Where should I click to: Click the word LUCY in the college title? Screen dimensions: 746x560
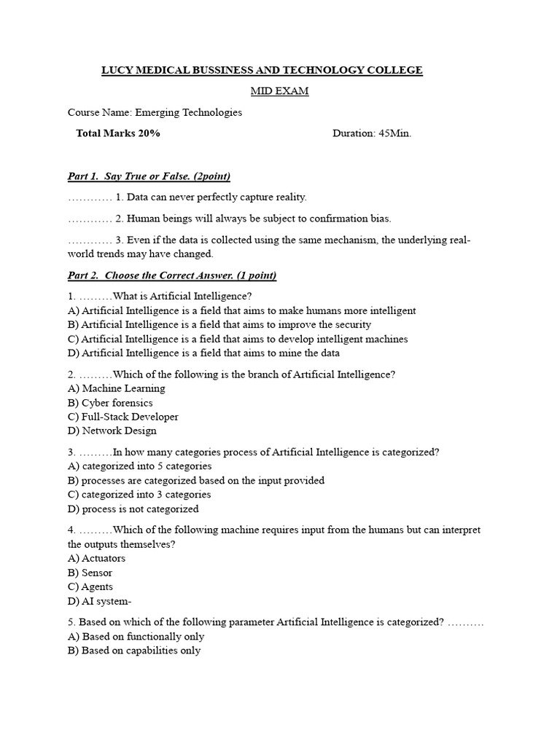point(115,71)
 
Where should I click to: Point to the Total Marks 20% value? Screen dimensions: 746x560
point(118,133)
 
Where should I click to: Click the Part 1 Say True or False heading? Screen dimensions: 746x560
point(149,176)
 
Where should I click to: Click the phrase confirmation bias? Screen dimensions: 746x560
point(348,219)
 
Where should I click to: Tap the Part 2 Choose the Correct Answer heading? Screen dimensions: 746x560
point(171,275)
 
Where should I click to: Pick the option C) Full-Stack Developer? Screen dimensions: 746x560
point(122,417)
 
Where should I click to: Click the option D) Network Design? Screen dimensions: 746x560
point(112,431)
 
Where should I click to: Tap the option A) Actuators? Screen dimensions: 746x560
point(96,558)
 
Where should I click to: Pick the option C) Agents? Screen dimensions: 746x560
point(90,586)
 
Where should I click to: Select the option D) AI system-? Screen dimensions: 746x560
point(99,601)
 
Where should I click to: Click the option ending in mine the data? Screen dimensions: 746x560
point(203,353)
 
